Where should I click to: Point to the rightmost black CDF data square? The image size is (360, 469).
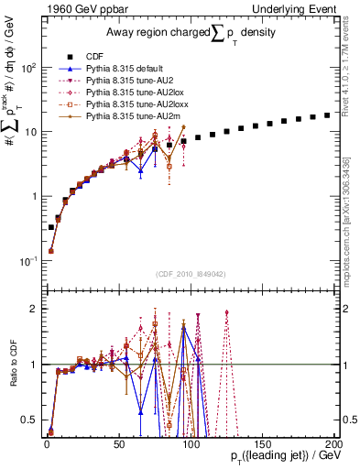tap(328, 115)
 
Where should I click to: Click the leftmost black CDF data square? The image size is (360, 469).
tap(50, 226)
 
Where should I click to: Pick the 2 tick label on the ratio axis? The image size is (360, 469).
tap(33, 309)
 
